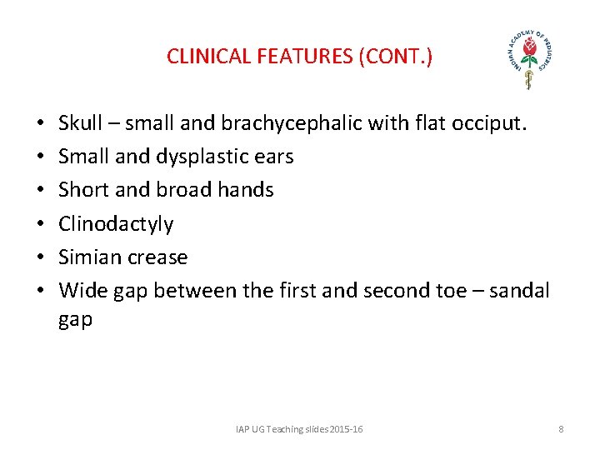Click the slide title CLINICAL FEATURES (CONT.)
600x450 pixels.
pyautogui.click(x=299, y=57)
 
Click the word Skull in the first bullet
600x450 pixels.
pyautogui.click(x=81, y=123)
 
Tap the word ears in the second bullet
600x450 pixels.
pyautogui.click(x=273, y=157)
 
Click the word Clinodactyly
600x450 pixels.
pyautogui.click(x=116, y=224)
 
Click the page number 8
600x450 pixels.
pyautogui.click(x=561, y=429)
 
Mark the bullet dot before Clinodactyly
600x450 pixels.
pyautogui.click(x=41, y=224)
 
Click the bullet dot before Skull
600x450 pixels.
pyautogui.click(x=41, y=124)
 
